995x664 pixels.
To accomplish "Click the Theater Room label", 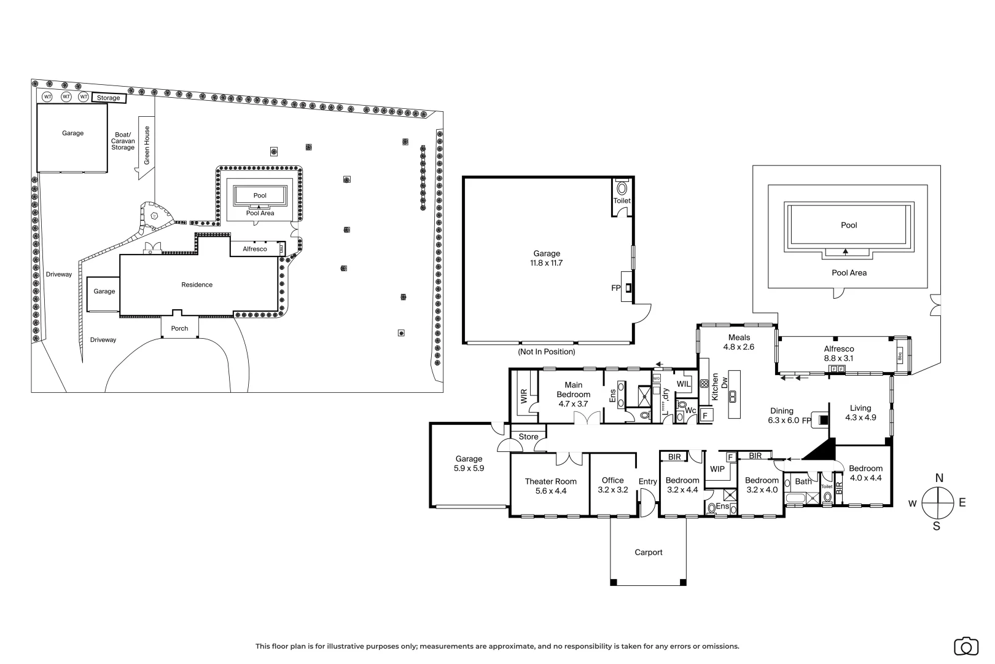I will tap(550, 486).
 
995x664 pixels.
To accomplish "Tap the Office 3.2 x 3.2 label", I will tap(612, 485).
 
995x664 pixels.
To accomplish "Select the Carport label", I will tap(648, 552).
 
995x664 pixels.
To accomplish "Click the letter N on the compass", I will tap(938, 478).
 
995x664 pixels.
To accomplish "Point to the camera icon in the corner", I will tap(966, 646).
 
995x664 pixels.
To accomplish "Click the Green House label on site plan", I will tap(147, 145).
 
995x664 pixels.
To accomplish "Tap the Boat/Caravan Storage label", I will tap(123, 141).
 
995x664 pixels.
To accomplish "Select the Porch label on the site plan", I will tap(179, 328).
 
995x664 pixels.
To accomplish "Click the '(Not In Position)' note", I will tap(547, 352).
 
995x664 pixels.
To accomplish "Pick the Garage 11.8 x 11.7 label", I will tap(547, 258).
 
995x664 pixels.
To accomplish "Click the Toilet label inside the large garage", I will tap(622, 200).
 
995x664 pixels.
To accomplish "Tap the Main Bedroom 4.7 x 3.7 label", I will tap(573, 394).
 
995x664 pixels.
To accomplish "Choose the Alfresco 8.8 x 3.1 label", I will tap(838, 354).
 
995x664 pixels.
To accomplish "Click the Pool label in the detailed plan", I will tap(849, 225).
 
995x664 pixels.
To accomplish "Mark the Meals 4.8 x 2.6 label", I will tap(739, 342).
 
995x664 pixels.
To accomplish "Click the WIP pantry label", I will tap(717, 469).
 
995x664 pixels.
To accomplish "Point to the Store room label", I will tap(528, 437).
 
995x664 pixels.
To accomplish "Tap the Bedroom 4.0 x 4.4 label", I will tap(865, 473).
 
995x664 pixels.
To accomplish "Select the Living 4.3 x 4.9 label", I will tap(860, 413).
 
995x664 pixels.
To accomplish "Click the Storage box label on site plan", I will tap(109, 98).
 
